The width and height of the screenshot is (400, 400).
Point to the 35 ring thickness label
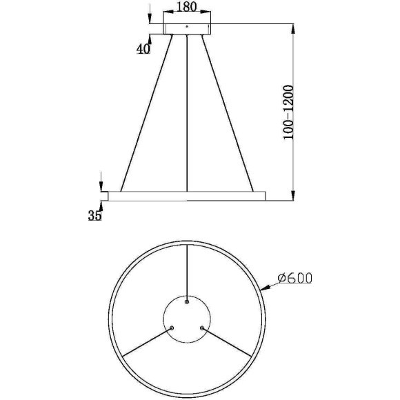95,216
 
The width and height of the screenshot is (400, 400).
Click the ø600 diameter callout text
294,279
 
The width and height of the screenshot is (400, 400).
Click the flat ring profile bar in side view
186,196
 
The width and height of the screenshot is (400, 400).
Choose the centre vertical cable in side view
187,111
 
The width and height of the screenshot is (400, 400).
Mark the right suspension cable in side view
228,111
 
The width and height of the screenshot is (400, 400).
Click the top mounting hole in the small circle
187,299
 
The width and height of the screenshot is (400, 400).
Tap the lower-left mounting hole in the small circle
172,328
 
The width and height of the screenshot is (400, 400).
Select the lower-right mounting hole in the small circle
202,328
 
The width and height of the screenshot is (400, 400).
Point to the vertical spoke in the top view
187,269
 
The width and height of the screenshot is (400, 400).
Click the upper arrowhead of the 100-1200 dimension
294,28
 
